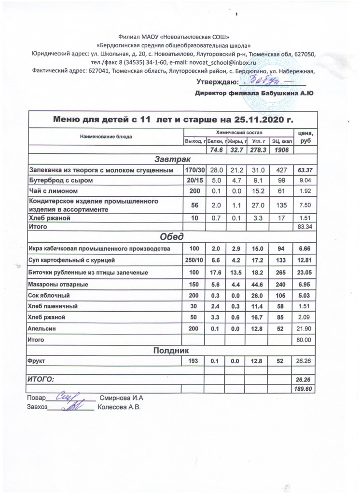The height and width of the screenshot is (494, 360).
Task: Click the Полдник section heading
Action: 173,349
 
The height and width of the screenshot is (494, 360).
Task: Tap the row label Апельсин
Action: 43,329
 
